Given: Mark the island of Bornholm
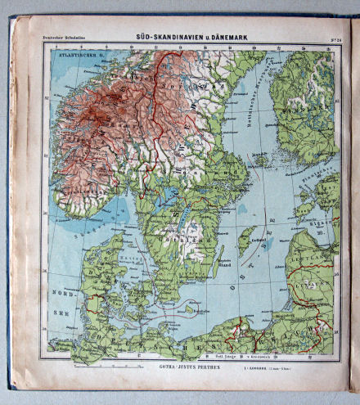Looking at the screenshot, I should [x=190, y=309].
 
